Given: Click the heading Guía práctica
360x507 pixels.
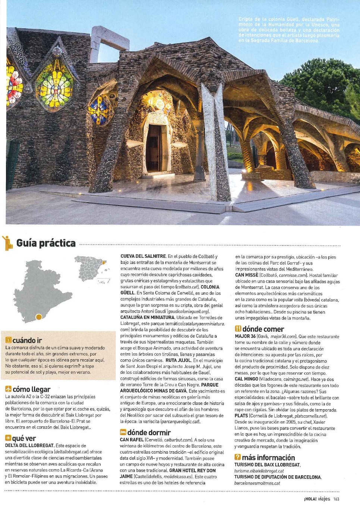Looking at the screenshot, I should point(46,243).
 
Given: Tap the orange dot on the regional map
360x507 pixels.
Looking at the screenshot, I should point(38,317).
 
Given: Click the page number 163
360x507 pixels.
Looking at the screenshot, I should point(336,499).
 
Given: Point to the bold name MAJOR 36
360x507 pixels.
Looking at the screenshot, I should point(245,337).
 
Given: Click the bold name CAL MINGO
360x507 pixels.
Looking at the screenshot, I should point(246,379).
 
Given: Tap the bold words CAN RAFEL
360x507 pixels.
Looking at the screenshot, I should point(132,440).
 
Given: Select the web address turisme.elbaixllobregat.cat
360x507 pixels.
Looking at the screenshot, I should point(259,471).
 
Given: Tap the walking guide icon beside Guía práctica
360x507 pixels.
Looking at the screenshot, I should point(7,243).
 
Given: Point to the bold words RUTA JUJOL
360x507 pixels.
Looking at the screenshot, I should point(178,360).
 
